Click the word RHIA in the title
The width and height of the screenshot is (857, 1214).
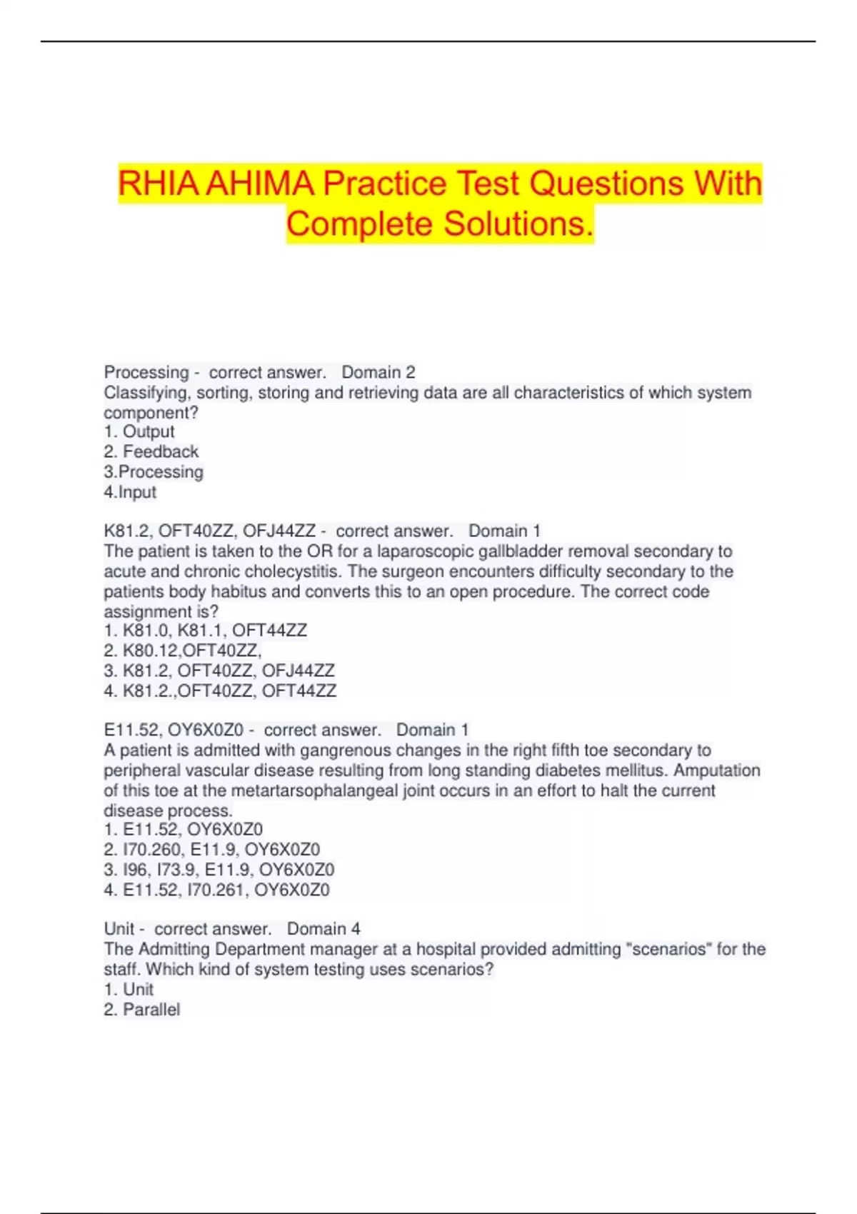tap(159, 184)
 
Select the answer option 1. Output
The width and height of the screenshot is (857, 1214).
tap(139, 432)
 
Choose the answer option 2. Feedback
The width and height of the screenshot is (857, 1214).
tap(151, 452)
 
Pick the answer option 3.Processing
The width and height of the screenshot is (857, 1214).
tap(154, 472)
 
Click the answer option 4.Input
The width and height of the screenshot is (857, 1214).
tap(130, 492)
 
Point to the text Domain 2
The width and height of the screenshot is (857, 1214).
tap(378, 372)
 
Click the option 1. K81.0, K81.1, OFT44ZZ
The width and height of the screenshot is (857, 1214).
tap(206, 631)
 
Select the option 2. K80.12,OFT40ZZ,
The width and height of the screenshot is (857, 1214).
tap(183, 651)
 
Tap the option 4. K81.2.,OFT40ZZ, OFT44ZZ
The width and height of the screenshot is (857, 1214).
tap(220, 691)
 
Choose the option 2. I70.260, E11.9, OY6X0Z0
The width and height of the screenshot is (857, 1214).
tap(212, 850)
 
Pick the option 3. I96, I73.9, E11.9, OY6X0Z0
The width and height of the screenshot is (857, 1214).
tap(219, 870)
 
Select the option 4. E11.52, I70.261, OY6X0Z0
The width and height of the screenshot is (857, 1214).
tap(217, 890)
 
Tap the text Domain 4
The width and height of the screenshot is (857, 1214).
tap(324, 929)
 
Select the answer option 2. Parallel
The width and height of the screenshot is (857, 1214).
tap(142, 1010)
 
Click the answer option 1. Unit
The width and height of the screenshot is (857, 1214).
tap(129, 990)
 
